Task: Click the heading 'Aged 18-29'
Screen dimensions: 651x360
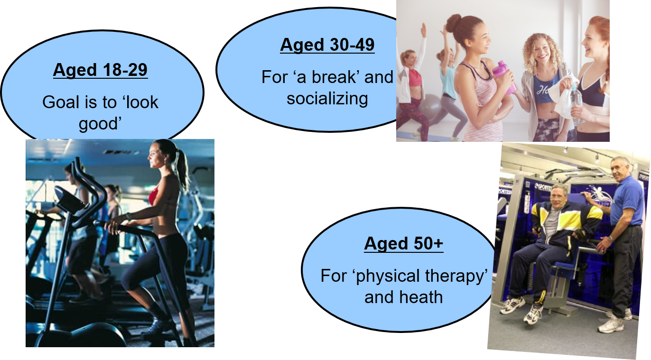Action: click(x=100, y=70)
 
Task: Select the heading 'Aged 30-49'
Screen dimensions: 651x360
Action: click(x=327, y=45)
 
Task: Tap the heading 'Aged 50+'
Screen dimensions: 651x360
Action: click(x=404, y=243)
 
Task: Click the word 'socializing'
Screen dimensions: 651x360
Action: click(x=327, y=99)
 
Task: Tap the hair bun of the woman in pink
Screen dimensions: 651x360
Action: click(x=454, y=23)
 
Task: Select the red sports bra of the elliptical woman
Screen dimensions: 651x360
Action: click(x=154, y=195)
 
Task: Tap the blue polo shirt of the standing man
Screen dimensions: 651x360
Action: click(x=627, y=200)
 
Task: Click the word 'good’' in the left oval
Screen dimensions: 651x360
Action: click(x=100, y=124)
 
